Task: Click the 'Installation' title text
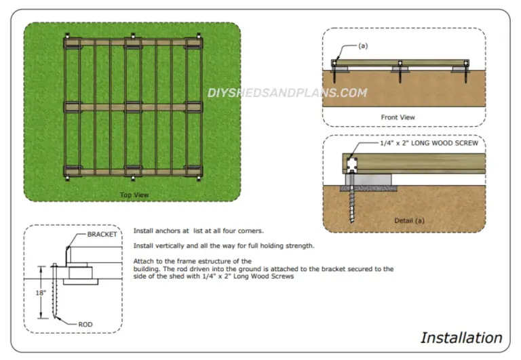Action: click(x=461, y=337)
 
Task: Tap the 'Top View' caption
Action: click(x=134, y=195)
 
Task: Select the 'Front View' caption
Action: click(x=398, y=117)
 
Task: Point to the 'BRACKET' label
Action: click(x=102, y=235)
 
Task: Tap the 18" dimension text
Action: click(x=41, y=293)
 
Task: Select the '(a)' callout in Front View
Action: click(x=363, y=46)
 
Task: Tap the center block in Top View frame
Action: click(x=134, y=106)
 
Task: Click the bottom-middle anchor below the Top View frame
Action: click(x=134, y=179)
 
